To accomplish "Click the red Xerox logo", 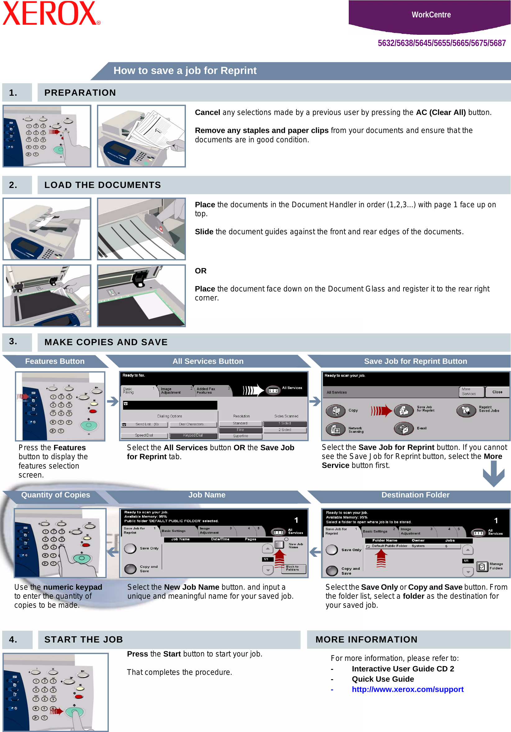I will coord(51,13).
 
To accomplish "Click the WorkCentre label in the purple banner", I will coord(430,15).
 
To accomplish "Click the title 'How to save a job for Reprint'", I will coord(185,71).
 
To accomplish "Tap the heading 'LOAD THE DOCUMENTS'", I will coord(102,185).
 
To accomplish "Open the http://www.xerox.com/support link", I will coord(407,689).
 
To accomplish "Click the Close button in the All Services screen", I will coord(497,392).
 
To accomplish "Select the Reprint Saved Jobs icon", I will coord(466,411).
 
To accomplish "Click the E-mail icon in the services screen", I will coord(403,428).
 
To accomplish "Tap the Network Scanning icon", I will coord(335,429).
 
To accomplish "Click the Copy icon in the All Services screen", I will coord(335,411).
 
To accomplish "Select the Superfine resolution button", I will coord(241,436).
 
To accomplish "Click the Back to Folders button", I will coord(293,568).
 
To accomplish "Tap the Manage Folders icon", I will coord(482,566).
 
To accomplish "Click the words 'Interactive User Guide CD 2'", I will coord(403,669).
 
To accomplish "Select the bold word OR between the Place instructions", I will coord(200,271).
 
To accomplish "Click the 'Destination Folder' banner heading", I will coord(415,495).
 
